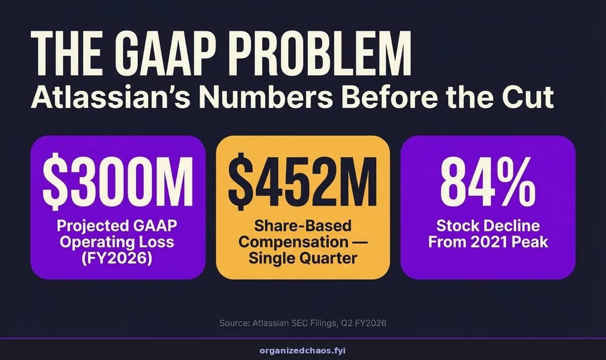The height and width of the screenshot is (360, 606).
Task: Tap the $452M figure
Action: [x=302, y=181]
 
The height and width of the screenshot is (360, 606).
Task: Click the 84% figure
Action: [x=488, y=181]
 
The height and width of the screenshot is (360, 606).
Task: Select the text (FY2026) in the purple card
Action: [x=117, y=259]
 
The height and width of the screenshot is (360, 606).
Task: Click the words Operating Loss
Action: [x=117, y=241]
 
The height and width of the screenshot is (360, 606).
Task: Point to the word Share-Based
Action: [x=302, y=226]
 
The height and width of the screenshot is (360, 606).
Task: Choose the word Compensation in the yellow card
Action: [x=293, y=241]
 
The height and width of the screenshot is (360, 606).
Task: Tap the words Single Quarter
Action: [x=302, y=258]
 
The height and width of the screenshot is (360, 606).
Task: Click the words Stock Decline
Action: [x=488, y=226]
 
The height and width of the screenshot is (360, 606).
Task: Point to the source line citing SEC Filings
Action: [x=302, y=323]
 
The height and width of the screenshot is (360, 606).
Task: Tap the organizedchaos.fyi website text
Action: [x=302, y=351]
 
